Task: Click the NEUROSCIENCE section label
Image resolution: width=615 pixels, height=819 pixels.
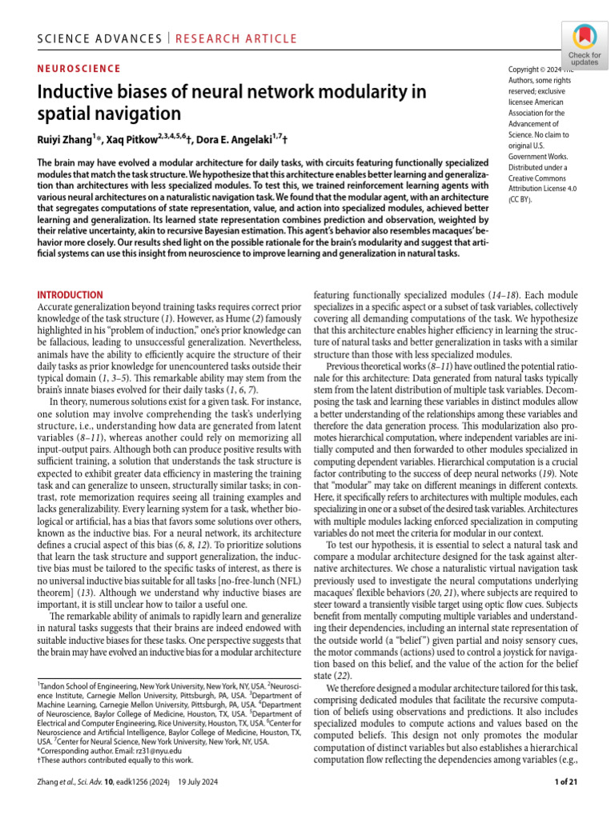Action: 79,69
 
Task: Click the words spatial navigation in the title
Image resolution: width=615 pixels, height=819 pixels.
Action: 110,114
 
